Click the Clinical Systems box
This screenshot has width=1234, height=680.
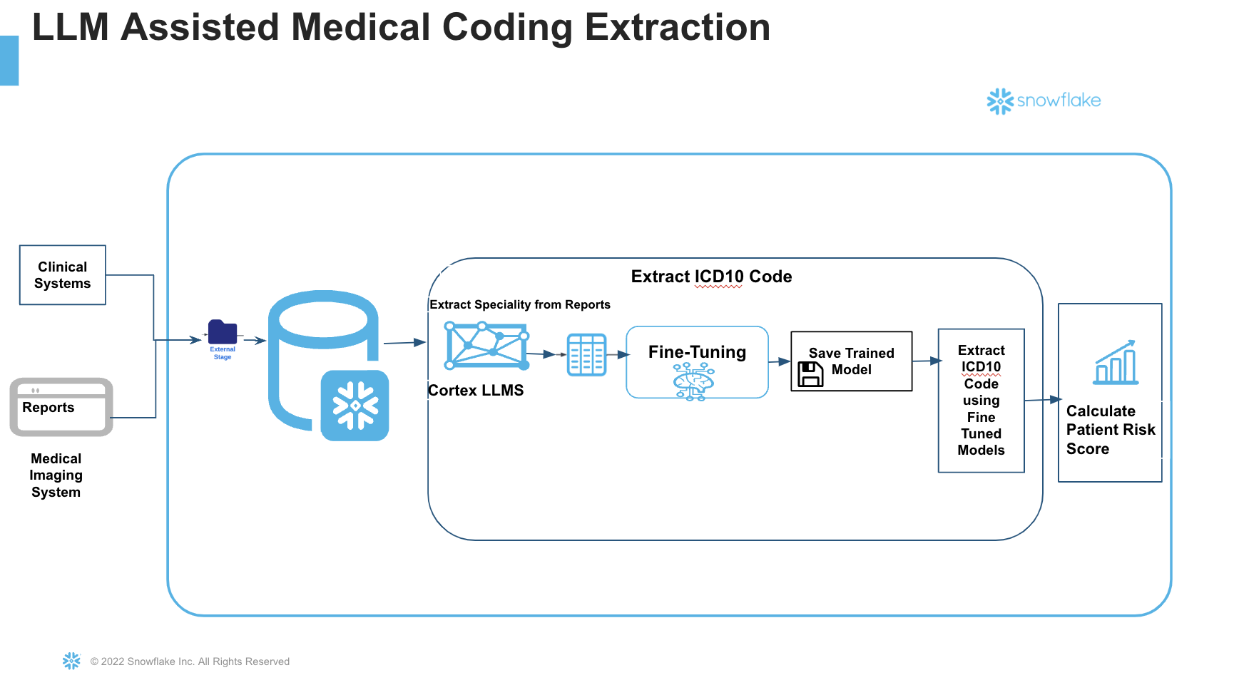(x=63, y=275)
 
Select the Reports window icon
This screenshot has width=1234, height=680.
(x=61, y=407)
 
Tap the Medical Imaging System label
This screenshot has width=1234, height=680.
(x=56, y=475)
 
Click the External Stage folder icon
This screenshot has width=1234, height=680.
(x=223, y=332)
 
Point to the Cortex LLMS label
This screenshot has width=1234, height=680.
(x=476, y=391)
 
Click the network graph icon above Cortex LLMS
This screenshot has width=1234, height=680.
(x=486, y=346)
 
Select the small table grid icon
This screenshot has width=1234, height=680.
(x=586, y=354)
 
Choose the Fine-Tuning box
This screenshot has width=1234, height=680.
(x=697, y=362)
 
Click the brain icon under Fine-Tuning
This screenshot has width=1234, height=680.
(x=693, y=381)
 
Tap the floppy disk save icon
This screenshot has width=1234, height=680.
(x=810, y=374)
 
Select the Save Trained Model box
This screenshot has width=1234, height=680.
(x=852, y=361)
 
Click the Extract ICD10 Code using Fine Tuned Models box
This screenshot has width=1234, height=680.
(x=981, y=401)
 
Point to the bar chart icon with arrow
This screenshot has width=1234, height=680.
(x=1116, y=363)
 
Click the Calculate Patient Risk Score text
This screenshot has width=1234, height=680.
(x=1110, y=430)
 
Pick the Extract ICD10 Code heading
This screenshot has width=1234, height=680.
(x=711, y=277)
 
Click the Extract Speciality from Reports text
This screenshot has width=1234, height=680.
(x=520, y=305)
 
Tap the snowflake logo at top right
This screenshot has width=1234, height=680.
(x=1044, y=101)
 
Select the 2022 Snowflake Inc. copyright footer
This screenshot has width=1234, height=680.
(x=190, y=661)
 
